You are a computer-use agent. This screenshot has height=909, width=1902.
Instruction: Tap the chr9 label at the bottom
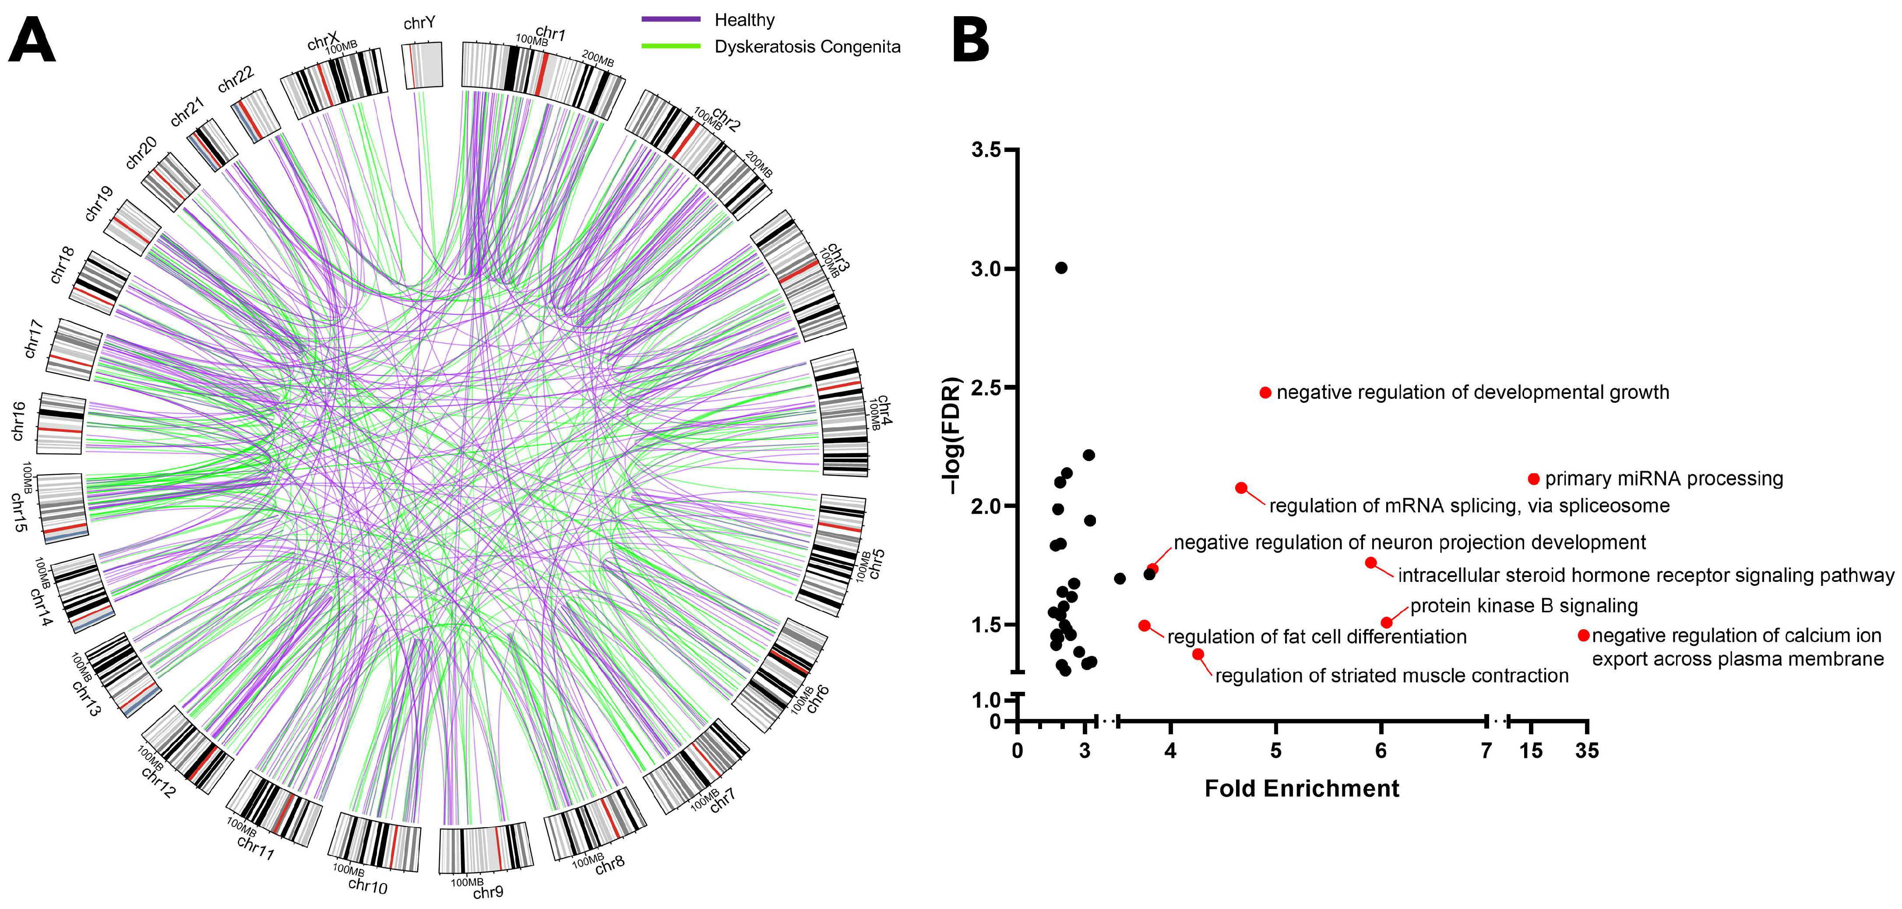(x=488, y=892)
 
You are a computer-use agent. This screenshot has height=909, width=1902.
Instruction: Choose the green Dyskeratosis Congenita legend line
(x=670, y=46)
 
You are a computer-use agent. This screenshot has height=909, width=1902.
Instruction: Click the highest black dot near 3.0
(x=1061, y=267)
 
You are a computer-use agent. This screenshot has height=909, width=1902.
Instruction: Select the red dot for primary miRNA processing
(x=1534, y=479)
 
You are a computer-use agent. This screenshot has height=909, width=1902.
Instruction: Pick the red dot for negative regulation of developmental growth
(x=1265, y=393)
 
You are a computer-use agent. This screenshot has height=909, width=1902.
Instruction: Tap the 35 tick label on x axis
(x=1587, y=751)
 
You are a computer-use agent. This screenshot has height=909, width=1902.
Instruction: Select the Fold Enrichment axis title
(x=1302, y=789)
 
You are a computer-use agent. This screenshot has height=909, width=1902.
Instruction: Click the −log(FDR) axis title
(x=953, y=436)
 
